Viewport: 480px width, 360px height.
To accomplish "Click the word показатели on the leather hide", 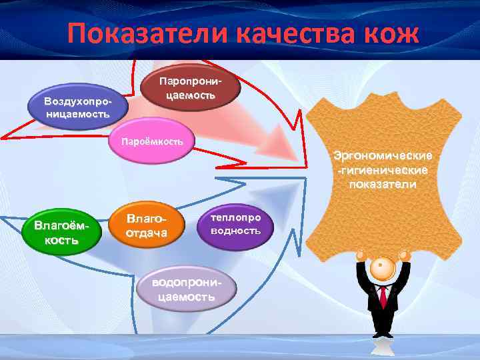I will pyautogui.click(x=383, y=183).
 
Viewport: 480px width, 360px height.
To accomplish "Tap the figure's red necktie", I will pyautogui.click(x=383, y=297).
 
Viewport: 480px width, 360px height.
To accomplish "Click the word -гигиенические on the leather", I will pyautogui.click(x=383, y=170).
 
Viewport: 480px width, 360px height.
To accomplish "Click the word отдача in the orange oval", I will pyautogui.click(x=147, y=233).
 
